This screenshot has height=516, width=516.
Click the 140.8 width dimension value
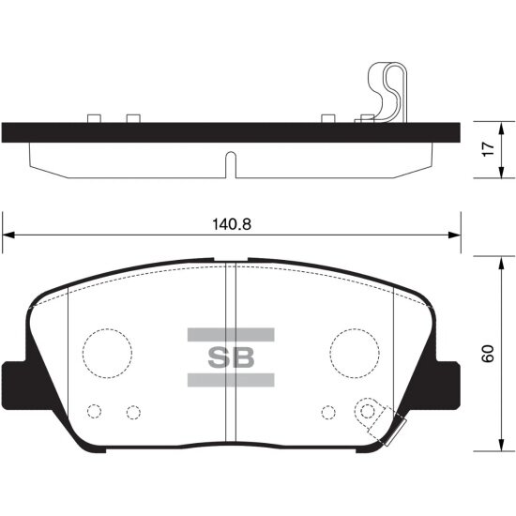point(231,225)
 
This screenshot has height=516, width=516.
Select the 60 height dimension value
point(487,355)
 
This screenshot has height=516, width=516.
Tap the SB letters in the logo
point(231,357)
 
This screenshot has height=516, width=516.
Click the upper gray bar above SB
point(231,335)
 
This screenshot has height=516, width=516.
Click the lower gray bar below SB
point(231,380)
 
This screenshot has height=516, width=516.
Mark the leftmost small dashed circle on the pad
point(94,411)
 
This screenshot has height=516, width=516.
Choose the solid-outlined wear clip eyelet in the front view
point(372,411)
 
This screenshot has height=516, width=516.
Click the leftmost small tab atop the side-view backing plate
point(94,118)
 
